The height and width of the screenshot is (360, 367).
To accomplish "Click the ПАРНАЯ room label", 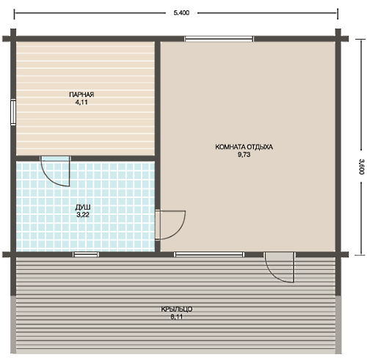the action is [81, 95].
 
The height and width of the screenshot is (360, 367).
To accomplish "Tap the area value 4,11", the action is [81, 103].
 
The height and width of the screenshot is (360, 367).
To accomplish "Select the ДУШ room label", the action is [83, 207].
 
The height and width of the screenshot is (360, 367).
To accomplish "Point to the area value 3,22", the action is [83, 215].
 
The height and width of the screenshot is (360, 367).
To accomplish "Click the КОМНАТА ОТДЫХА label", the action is [244, 147].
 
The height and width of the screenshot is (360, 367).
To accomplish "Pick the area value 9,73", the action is [244, 155].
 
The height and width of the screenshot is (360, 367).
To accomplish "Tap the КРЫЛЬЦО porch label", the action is [177, 309].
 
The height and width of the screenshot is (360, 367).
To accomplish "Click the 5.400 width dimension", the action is [181, 12].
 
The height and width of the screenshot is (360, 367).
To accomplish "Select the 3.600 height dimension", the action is [361, 166].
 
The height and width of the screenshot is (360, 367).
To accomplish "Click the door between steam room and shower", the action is [56, 171].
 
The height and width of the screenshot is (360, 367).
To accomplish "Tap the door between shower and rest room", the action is [170, 224].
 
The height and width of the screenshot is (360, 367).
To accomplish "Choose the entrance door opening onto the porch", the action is [280, 267].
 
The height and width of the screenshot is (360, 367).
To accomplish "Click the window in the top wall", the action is [219, 39].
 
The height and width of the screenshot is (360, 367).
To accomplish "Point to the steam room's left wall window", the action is [13, 113].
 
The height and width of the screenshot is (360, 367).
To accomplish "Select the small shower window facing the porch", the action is [86, 254].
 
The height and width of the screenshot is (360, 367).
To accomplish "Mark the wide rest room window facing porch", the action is [209, 254].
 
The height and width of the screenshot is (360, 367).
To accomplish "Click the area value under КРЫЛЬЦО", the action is [177, 317].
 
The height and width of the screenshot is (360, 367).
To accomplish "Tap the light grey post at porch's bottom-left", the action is [13, 325].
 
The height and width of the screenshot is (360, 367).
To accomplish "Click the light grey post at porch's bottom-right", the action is [338, 325].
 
